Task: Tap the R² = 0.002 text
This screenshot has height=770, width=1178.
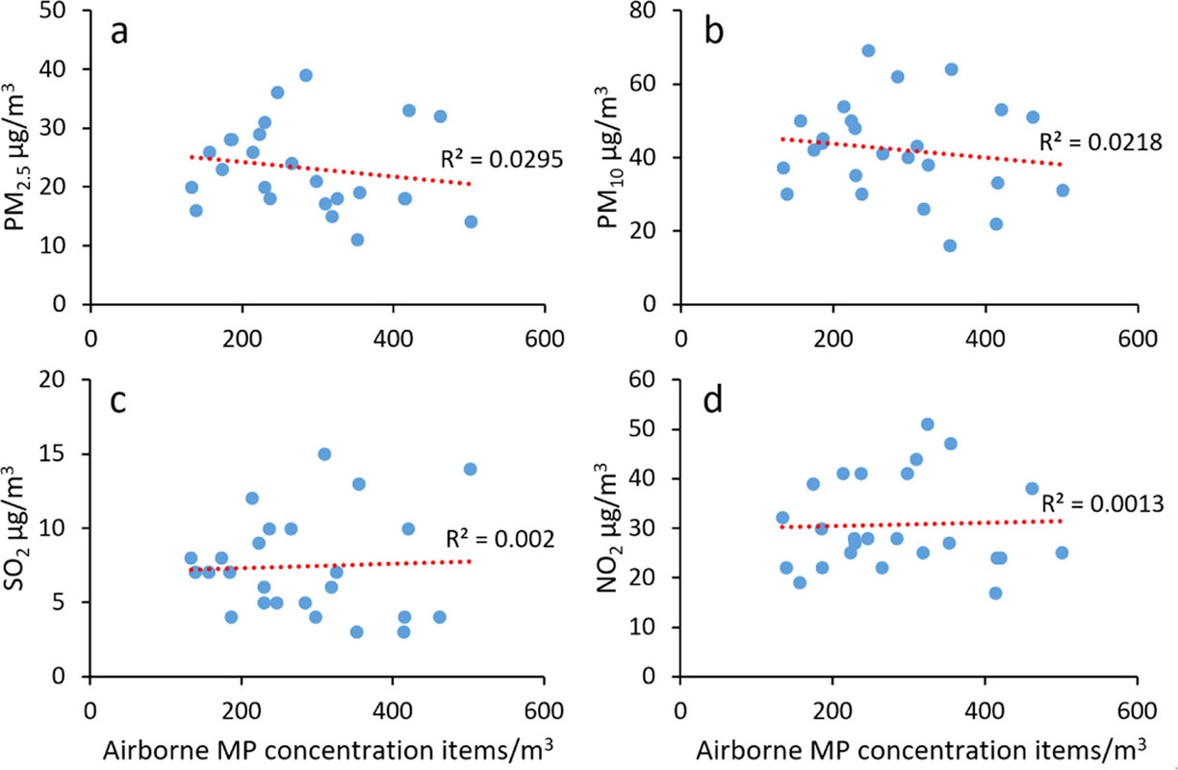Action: click(499, 541)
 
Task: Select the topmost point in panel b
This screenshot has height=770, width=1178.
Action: click(868, 51)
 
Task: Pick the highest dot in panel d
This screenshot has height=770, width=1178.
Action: click(928, 424)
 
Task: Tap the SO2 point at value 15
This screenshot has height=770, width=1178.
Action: click(324, 454)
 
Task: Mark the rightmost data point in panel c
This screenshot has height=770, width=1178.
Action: click(471, 469)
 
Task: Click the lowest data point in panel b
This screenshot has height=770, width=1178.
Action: click(950, 245)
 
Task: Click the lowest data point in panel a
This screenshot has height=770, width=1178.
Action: click(357, 240)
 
